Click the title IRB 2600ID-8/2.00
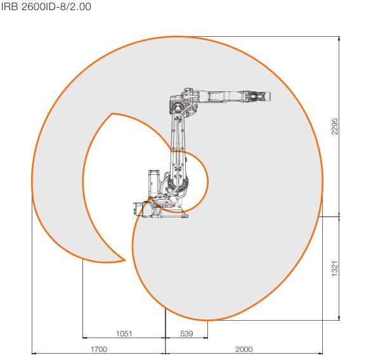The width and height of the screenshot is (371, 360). pos(46,6)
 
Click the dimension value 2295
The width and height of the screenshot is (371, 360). pos(335,126)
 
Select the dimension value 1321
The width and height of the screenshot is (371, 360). pos(335,269)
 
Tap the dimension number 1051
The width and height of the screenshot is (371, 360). pos(124,333)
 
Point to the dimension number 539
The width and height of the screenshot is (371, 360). pos(186,333)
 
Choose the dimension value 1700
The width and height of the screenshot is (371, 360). pos(99,349)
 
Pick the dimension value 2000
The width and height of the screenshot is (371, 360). pos(244,349)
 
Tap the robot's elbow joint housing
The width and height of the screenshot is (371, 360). pos(183,102)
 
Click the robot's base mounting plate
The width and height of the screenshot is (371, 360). pos(161,211)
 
